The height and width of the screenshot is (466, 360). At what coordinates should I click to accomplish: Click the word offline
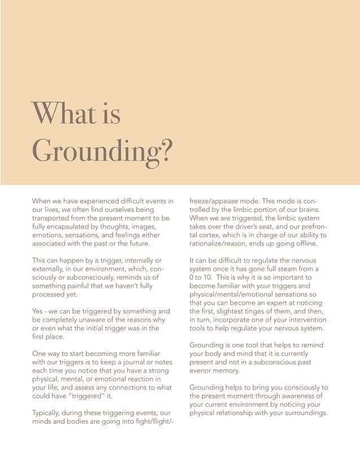tap(304, 244)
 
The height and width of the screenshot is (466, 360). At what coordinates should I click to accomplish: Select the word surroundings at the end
tap(303, 414)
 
